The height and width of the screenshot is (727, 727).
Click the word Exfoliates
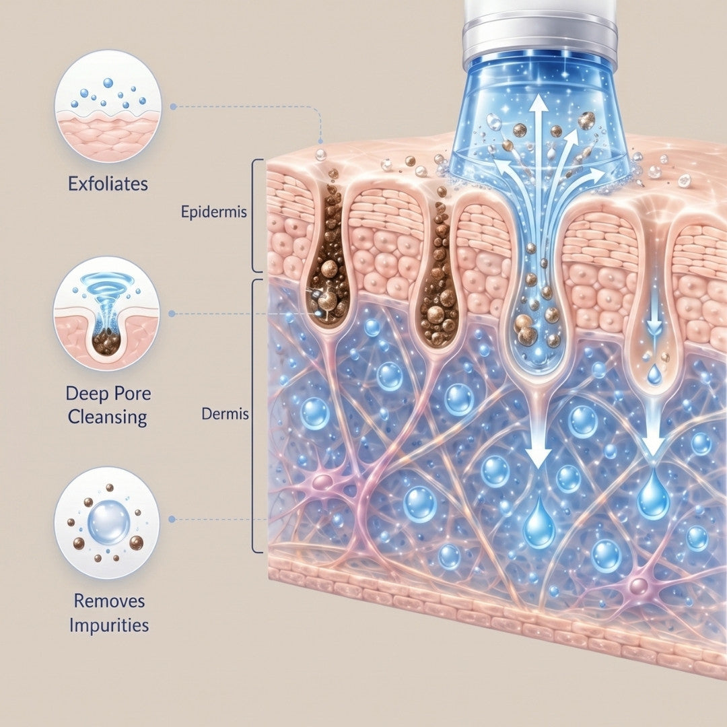(108, 184)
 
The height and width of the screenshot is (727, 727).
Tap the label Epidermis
(214, 212)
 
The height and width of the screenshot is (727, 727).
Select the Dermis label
(225, 413)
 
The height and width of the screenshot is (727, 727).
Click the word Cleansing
(108, 417)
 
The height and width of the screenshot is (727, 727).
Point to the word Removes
(110, 601)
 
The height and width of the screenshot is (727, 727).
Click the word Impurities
(109, 625)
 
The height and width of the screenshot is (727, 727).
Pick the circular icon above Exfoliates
(108, 106)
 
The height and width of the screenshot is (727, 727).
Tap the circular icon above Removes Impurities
(107, 522)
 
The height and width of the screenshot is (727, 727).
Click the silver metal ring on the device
(540, 38)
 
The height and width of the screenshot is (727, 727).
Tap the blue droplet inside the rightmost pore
(654, 374)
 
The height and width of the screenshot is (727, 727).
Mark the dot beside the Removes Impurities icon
(172, 520)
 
